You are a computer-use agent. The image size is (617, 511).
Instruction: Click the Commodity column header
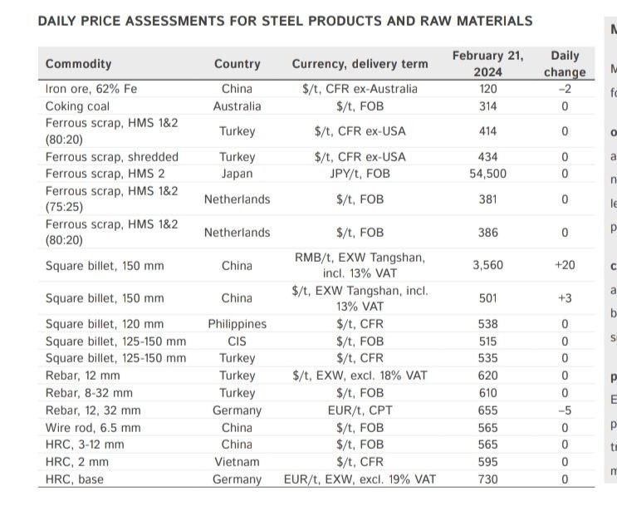(x=78, y=64)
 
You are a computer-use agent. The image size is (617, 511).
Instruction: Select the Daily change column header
(x=565, y=64)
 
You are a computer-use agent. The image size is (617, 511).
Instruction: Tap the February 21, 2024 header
(x=487, y=64)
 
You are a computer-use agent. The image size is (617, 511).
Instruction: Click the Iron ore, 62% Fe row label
(x=91, y=89)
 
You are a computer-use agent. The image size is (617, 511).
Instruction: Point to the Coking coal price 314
(x=487, y=106)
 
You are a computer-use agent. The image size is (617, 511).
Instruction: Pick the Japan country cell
(x=237, y=174)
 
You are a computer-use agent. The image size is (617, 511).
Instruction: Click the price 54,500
(x=487, y=174)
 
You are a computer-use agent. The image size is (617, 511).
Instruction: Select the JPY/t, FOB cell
(x=360, y=174)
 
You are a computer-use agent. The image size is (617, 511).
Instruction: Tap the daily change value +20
(x=565, y=265)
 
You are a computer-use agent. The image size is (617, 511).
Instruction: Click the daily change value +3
(x=565, y=298)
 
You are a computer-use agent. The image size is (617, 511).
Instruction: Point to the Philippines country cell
(x=237, y=324)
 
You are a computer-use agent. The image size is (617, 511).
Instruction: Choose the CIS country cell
(x=237, y=341)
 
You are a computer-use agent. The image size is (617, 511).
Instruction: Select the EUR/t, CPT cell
(x=360, y=410)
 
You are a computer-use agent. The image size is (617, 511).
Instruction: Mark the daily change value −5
(x=565, y=410)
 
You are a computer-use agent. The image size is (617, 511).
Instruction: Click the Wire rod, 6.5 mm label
(x=93, y=428)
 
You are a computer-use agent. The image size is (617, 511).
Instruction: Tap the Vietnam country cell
(x=237, y=462)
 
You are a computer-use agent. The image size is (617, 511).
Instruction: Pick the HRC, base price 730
(x=487, y=479)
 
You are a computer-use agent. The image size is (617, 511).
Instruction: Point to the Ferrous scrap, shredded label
(x=111, y=157)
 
